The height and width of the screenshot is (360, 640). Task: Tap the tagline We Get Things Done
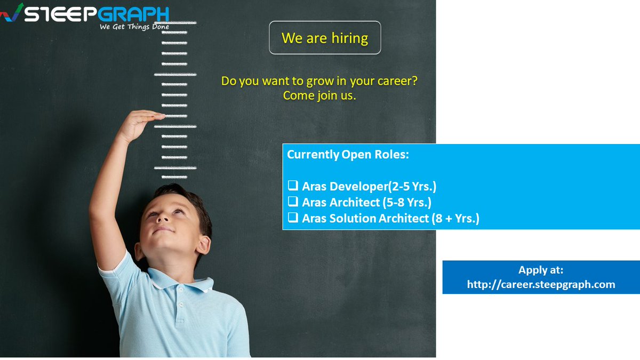134,27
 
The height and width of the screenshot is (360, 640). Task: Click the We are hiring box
325,38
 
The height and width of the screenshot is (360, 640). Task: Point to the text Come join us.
319,96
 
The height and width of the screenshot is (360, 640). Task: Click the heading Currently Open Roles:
348,155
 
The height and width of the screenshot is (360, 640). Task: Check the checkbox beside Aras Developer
293,186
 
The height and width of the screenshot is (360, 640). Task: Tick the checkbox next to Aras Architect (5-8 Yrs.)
293,202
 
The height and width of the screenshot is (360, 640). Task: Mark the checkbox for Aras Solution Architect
293,218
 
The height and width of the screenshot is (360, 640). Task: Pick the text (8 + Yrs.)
455,218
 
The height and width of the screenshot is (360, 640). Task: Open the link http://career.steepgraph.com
541,285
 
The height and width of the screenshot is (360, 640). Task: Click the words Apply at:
541,270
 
